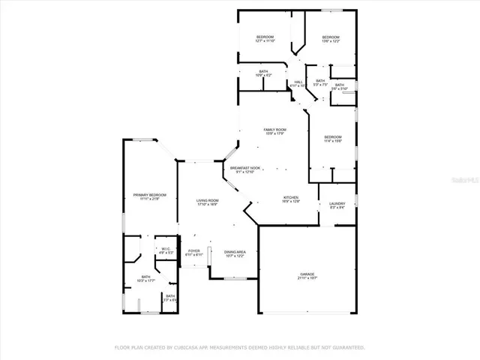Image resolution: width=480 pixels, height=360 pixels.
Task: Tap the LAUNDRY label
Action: tap(331, 205)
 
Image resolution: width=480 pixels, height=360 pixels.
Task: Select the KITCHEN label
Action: tap(290, 199)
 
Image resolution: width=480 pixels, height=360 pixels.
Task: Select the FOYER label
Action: tap(194, 252)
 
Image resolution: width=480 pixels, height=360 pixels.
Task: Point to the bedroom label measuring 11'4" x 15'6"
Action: tap(333, 139)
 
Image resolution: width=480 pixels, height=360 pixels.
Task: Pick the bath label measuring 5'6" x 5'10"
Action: tap(340, 86)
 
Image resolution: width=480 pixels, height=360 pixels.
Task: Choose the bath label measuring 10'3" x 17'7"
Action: tap(146, 279)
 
